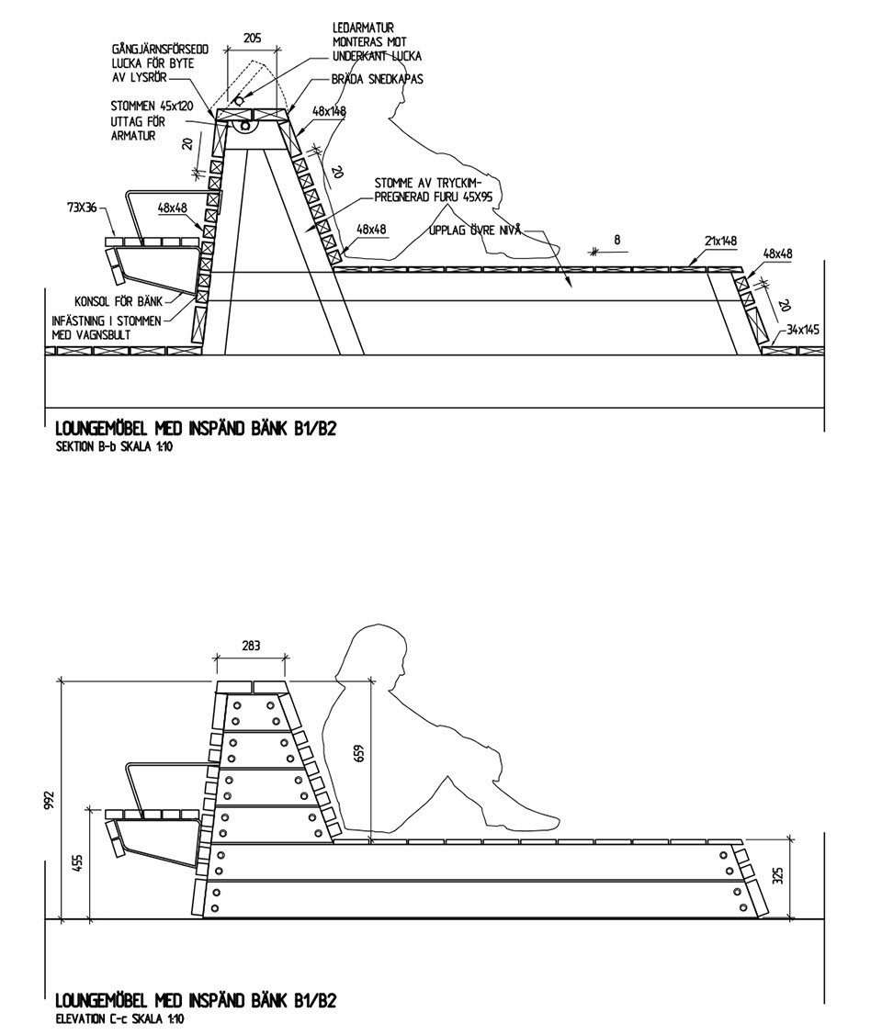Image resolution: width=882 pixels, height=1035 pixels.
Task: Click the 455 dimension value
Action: pos(79,866)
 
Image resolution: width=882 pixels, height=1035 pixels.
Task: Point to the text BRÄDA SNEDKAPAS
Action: pos(377,80)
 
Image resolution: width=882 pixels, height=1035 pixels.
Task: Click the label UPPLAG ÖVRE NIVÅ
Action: pos(475,231)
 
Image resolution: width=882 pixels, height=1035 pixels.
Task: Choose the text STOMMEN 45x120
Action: pos(152,107)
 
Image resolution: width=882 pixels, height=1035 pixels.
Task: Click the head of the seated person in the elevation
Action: pos(370,653)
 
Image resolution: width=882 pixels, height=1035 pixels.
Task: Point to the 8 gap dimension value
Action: pos(616,239)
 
